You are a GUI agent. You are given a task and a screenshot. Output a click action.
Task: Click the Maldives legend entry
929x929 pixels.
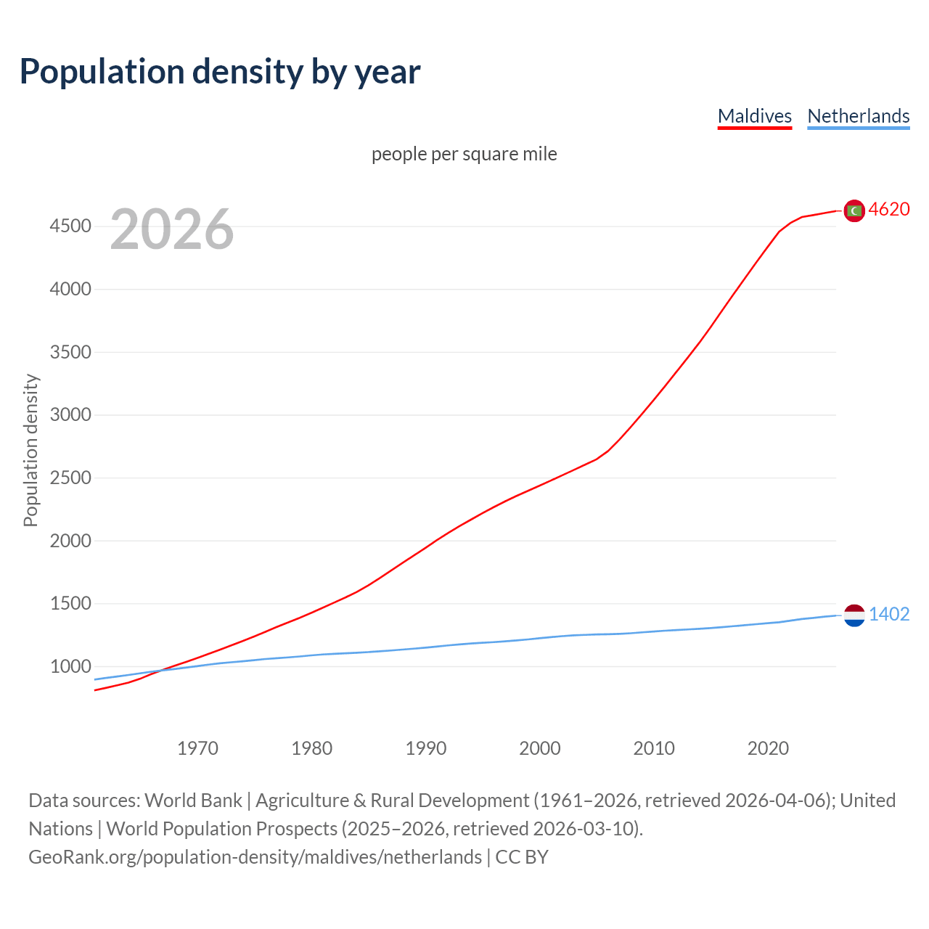point(754,116)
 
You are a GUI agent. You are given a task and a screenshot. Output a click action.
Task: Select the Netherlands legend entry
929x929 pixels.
point(858,116)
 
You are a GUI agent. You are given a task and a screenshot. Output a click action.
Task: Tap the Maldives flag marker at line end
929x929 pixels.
point(854,210)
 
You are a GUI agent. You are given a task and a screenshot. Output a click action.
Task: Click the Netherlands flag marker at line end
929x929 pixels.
point(854,615)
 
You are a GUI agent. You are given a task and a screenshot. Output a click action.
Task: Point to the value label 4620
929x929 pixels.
point(889,210)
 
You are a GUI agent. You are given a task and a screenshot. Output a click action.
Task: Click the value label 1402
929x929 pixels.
point(889,615)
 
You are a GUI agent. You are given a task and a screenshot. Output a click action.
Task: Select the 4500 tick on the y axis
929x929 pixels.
point(70,226)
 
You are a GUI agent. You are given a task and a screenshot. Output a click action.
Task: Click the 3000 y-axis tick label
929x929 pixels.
point(70,415)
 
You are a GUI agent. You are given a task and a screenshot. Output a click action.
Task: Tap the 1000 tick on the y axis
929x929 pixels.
point(70,666)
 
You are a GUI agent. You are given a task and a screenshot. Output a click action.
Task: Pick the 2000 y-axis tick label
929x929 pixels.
point(70,541)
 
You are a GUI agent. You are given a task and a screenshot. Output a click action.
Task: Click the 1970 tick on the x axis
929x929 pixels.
point(197,748)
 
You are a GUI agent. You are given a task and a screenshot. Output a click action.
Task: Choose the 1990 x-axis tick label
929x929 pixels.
point(426,748)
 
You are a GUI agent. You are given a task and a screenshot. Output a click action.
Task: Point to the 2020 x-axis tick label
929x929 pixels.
point(768,748)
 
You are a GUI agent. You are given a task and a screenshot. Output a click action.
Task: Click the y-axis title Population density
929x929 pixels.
point(30,450)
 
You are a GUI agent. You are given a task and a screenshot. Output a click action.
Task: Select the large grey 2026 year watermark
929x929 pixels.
point(172,229)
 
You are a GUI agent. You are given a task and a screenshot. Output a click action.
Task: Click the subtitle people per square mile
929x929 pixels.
point(464,155)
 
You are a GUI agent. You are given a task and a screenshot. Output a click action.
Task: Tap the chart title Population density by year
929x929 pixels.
point(220,72)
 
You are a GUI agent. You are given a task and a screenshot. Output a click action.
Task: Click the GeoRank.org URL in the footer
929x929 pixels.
point(255,857)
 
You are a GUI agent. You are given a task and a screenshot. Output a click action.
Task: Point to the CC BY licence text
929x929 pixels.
point(522,857)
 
